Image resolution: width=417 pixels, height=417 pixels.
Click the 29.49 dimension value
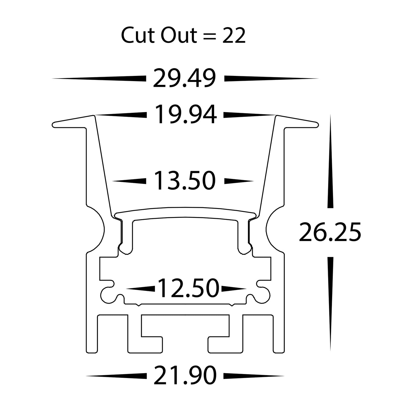[184, 78]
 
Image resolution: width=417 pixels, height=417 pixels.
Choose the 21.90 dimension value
[185, 375]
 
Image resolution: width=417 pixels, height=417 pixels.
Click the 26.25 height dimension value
[330, 232]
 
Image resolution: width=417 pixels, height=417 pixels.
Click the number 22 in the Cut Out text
[234, 36]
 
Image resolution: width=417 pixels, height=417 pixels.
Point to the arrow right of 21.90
[254, 375]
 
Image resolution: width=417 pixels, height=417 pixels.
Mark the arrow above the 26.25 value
[330, 162]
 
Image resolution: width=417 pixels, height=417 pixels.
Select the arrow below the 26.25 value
[330, 303]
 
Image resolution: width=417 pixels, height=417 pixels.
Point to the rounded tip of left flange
[54, 125]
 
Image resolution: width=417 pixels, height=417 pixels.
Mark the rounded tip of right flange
[317, 125]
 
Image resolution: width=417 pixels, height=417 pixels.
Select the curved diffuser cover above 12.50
[185, 211]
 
